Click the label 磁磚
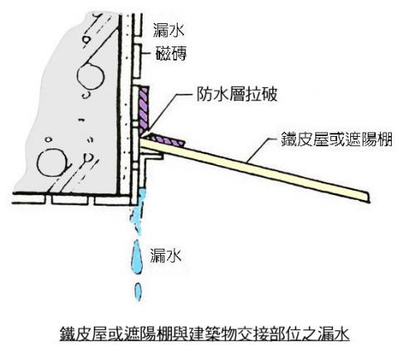click(171, 53)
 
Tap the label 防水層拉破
click(237, 95)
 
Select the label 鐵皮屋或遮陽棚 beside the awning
click(336, 139)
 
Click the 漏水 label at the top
click(168, 30)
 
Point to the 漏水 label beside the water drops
click(166, 255)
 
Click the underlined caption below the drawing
click(205, 334)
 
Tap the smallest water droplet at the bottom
click(138, 291)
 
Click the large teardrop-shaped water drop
click(137, 256)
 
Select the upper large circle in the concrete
click(90, 75)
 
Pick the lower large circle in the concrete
click(51, 163)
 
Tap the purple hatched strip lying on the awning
click(167, 140)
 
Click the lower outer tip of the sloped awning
click(369, 202)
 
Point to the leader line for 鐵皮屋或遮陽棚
click(263, 149)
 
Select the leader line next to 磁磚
click(147, 53)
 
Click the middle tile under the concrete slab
click(70, 201)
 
